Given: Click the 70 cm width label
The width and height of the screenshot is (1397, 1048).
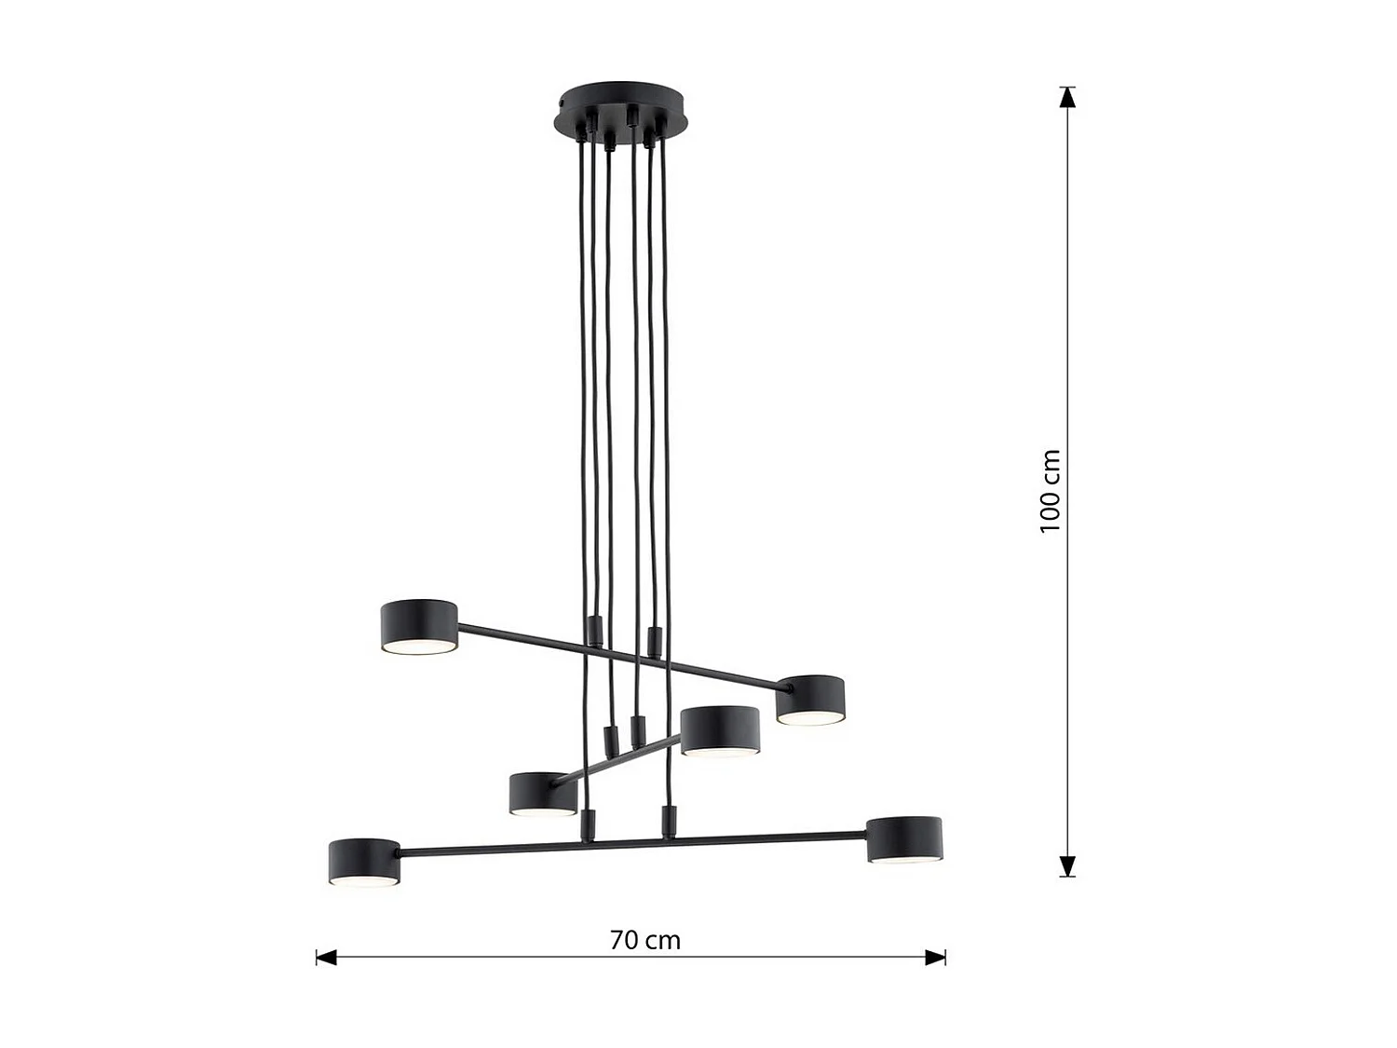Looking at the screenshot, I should pos(645,940).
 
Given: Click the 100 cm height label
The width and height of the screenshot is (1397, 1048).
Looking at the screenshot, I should pos(1051,491).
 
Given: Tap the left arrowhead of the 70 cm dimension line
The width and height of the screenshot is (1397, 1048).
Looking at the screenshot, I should pos(326,957).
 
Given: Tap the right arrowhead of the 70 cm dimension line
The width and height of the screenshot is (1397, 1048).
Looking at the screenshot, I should pos(935,957).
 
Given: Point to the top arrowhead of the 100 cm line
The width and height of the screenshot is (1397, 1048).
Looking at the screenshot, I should pos(1067,97).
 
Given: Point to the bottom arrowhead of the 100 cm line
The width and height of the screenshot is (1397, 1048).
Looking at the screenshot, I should pos(1067,866).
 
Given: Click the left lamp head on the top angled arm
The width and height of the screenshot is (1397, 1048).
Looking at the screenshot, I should pos(419,626).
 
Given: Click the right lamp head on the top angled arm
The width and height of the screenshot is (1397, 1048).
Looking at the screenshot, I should pos(810,700).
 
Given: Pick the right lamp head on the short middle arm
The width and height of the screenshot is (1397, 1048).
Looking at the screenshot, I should pos(720,730).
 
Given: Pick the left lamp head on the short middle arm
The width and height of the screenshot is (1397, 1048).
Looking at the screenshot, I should pos(543,795).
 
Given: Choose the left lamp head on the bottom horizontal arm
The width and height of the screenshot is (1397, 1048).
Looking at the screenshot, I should pos(364,862).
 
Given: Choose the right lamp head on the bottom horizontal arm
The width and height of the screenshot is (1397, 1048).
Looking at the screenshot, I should pos(904,839).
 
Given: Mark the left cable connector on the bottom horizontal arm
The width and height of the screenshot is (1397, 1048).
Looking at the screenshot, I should pos(587,824).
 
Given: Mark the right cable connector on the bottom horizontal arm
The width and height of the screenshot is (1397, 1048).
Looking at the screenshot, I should pos(667,821).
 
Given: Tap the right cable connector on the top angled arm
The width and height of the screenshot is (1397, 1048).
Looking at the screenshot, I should pos(654,641).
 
